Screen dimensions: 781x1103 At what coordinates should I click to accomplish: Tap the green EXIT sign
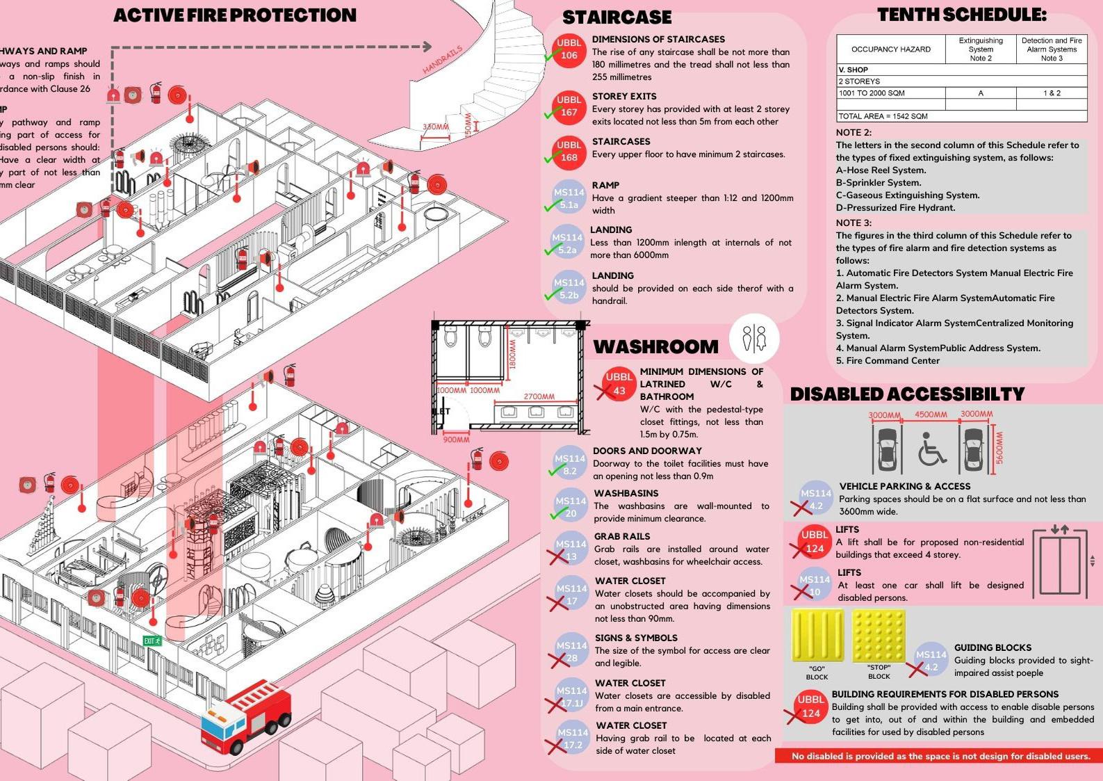coord(152,641)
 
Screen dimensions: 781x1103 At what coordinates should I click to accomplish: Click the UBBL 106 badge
coord(569,49)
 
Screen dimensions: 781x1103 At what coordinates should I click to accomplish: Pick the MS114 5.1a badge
coord(569,198)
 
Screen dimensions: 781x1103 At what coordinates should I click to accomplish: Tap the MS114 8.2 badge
coord(570,465)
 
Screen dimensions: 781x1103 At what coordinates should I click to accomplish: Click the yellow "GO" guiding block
coord(817,636)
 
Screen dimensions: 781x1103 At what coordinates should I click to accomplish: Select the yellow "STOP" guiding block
coord(879,636)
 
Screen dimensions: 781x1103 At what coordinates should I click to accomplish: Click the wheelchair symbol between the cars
coord(931,448)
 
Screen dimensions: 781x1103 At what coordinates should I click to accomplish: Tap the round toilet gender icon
coord(754,338)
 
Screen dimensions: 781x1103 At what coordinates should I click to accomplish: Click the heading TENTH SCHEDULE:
coord(961,15)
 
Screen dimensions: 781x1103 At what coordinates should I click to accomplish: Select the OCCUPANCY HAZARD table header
coord(890,49)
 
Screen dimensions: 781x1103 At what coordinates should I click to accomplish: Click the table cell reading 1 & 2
coord(1052,93)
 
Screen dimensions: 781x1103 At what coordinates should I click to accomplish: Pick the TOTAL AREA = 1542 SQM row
coord(883,116)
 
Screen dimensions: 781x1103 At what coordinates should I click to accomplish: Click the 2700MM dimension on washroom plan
coord(539,396)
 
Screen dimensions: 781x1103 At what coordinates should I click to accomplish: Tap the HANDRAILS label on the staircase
coord(443,60)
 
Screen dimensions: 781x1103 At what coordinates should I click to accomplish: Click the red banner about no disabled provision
coord(940,756)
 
